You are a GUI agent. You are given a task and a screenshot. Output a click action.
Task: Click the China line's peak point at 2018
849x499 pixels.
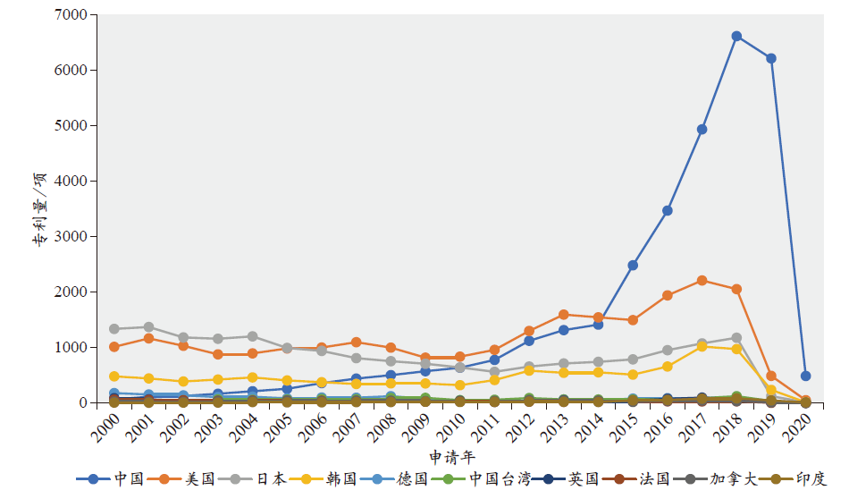736,37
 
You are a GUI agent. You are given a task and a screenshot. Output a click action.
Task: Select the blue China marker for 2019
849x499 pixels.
771,59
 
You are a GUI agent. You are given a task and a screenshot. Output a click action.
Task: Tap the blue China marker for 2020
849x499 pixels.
805,376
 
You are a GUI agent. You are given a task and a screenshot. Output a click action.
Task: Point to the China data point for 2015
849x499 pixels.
633,266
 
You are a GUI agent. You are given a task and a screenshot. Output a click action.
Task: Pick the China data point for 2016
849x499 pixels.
668,211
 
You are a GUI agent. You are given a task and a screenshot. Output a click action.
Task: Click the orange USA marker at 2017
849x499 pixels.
702,281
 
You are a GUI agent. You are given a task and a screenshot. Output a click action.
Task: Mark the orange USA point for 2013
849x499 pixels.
564,315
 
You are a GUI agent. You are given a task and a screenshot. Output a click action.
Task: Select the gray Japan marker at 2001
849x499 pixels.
148,327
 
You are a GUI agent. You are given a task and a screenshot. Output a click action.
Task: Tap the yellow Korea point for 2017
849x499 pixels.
702,346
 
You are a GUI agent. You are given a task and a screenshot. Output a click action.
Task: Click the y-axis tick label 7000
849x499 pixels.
70,15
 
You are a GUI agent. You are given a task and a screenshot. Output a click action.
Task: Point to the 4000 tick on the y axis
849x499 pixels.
70,182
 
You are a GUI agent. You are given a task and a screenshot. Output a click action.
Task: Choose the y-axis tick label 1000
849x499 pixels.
70,348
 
